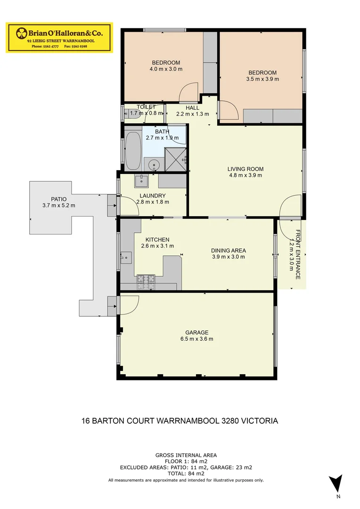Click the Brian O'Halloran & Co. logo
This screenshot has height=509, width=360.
click(59, 37)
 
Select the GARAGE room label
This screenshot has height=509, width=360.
click(196, 332)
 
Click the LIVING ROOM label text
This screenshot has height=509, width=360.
click(245, 169)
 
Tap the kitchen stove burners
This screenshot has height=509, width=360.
click(146, 281)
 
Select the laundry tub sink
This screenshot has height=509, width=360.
click(141, 180)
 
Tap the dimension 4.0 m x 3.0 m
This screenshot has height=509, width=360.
click(166, 69)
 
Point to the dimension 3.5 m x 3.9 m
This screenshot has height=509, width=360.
click(262, 79)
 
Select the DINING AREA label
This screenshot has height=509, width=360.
click(228, 251)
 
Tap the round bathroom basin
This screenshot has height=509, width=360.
click(153, 165)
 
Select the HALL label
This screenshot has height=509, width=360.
click(192, 108)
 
